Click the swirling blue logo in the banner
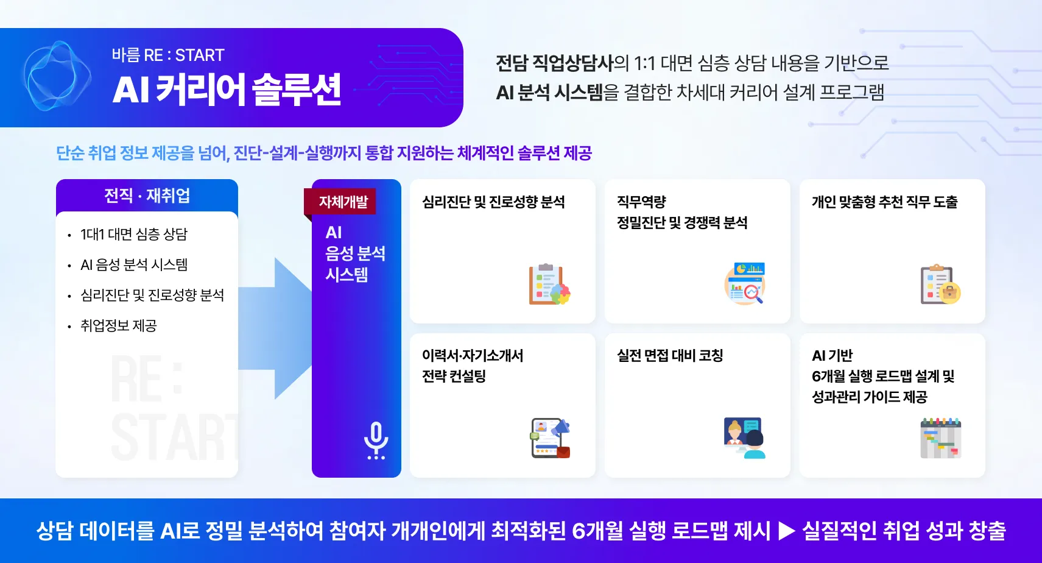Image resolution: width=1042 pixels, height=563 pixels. tap(57, 76)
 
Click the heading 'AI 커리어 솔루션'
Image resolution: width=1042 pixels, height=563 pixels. tap(227, 90)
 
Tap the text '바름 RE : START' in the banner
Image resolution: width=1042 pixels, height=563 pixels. tap(168, 55)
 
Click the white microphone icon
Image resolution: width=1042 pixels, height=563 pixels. tap(376, 440)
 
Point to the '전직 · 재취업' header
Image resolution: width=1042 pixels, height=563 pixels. tap(147, 196)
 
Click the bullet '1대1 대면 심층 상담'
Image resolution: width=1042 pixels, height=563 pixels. tap(133, 234)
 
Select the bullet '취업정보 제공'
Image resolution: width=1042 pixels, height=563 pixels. tap(119, 326)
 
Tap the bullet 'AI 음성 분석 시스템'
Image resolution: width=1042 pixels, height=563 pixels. tap(134, 265)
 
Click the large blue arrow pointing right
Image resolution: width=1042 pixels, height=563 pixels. tap(275, 328)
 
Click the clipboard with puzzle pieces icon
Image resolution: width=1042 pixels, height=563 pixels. tap(549, 285)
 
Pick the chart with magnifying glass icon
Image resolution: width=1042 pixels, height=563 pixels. tap(745, 283)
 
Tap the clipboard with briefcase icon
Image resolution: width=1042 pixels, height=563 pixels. tap(940, 285)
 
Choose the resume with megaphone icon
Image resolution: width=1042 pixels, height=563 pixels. tap(551, 438)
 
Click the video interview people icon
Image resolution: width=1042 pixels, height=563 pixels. tap(745, 438)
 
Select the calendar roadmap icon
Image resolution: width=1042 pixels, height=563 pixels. tap(940, 438)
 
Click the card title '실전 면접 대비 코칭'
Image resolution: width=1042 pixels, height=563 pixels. tap(670, 356)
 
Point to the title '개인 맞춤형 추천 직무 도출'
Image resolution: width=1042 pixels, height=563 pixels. tap(885, 202)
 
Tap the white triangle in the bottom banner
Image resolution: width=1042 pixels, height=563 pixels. tap(787, 531)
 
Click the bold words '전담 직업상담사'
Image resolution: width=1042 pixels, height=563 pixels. tap(554, 63)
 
